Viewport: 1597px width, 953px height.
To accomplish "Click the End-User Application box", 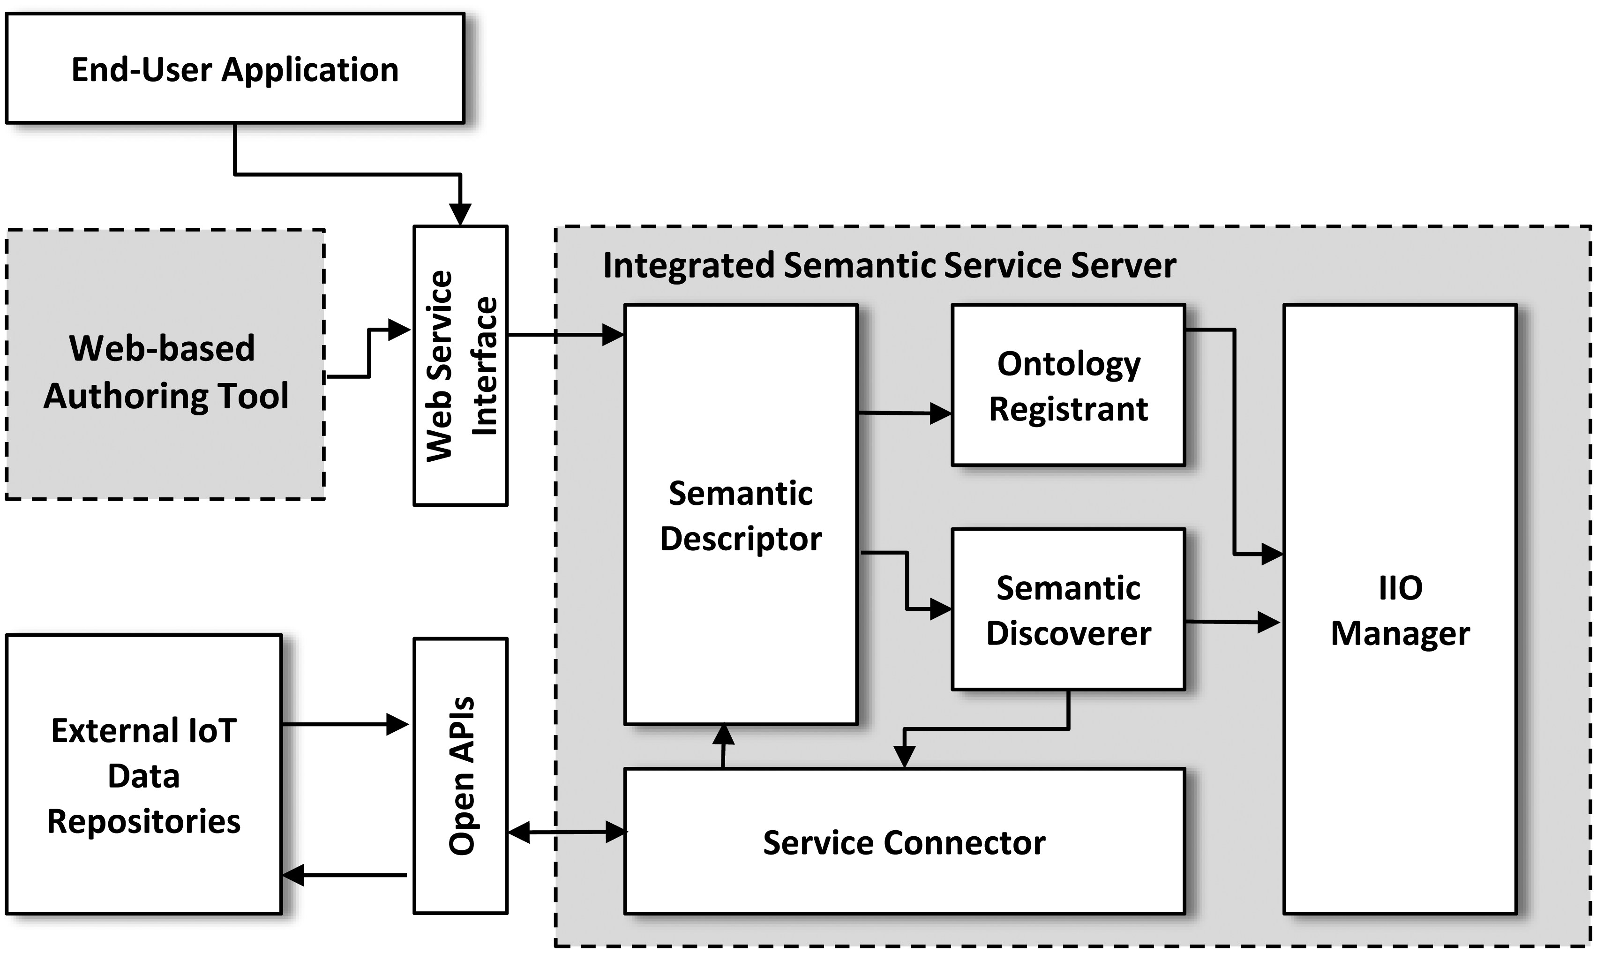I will coord(234,69).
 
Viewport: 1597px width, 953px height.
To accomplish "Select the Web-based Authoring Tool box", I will coord(165,371).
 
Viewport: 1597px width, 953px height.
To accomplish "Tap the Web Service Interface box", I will coord(460,366).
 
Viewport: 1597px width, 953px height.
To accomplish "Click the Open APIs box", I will coord(460,775).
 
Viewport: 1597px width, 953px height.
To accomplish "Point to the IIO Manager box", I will coord(1400,609).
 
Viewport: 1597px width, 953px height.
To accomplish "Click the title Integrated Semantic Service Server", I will coord(889,265).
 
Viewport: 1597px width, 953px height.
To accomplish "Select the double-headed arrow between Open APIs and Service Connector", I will coord(566,832).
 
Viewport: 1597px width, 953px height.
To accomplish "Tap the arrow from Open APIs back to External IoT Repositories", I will coord(345,875).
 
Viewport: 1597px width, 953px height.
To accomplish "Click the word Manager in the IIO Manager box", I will coord(1400,633).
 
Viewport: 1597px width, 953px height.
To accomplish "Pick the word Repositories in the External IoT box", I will coord(144,821).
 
